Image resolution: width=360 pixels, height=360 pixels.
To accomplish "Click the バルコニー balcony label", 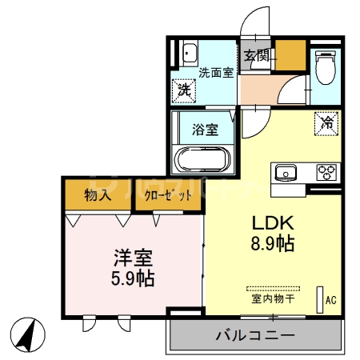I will point(255,334).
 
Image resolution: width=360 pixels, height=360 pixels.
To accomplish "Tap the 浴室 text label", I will point(205,129).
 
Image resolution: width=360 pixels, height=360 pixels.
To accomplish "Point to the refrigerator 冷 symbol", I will point(326,123).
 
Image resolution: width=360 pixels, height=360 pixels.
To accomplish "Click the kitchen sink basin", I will point(286,171).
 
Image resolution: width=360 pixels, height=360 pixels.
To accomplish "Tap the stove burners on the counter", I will point(326,171).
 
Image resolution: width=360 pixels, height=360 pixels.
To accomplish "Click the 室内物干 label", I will point(274,299).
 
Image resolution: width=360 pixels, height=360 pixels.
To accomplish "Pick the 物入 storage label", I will point(98,194).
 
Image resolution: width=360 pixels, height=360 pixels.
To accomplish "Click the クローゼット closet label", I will point(168,194).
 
